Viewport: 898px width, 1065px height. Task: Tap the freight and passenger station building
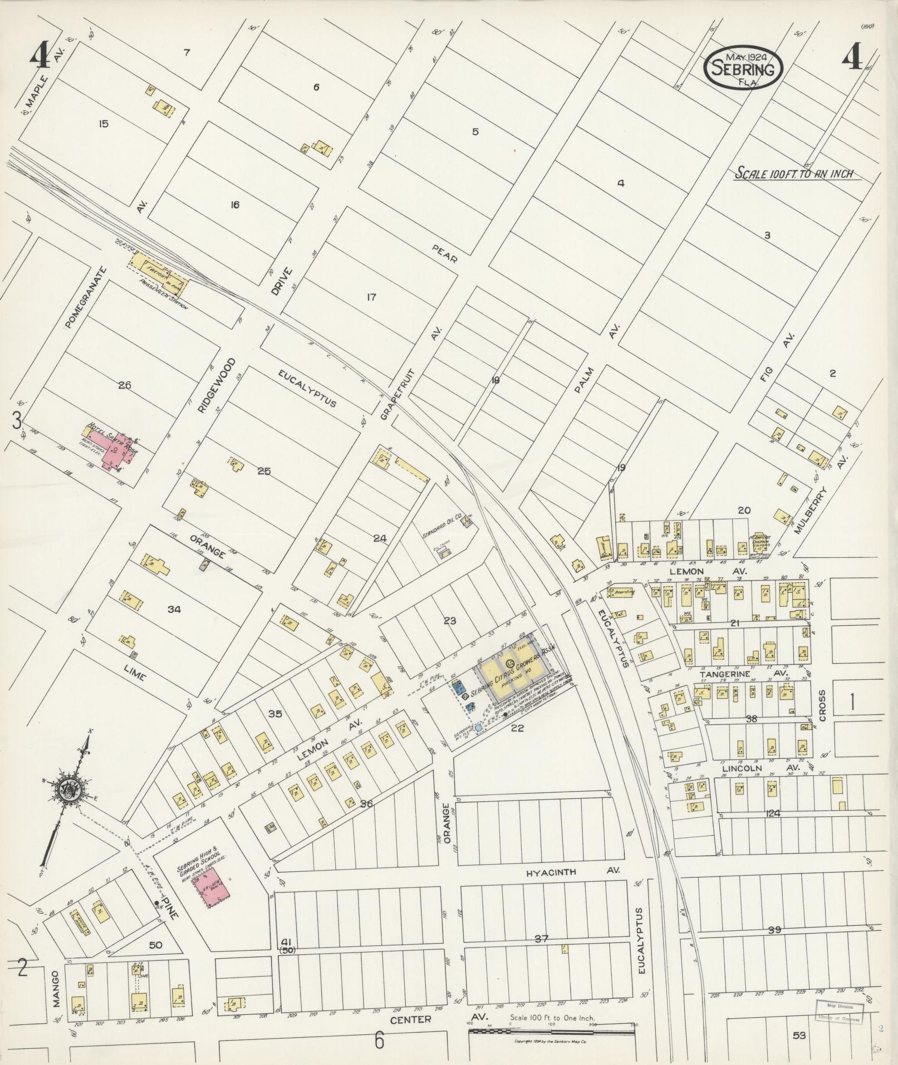click(159, 273)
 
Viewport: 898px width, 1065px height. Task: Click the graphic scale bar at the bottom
click(552, 1032)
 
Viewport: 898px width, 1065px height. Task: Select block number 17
click(371, 297)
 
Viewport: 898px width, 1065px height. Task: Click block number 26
click(125, 385)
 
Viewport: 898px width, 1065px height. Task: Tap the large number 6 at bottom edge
click(379, 1039)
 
